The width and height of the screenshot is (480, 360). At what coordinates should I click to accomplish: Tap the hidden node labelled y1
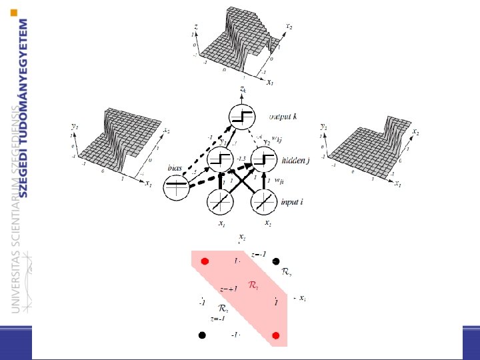[221, 159]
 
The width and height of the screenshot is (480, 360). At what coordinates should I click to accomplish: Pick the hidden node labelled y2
[264, 159]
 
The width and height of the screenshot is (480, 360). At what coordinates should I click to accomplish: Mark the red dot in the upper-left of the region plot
[205, 261]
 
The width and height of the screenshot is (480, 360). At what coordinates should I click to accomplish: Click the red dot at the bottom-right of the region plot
[275, 334]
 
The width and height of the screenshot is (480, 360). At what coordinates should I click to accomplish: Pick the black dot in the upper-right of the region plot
[275, 261]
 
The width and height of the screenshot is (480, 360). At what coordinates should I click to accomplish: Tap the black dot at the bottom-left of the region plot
[202, 335]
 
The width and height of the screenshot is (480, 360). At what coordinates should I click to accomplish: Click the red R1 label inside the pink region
[254, 285]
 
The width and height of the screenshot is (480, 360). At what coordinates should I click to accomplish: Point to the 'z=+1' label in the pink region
[229, 289]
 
